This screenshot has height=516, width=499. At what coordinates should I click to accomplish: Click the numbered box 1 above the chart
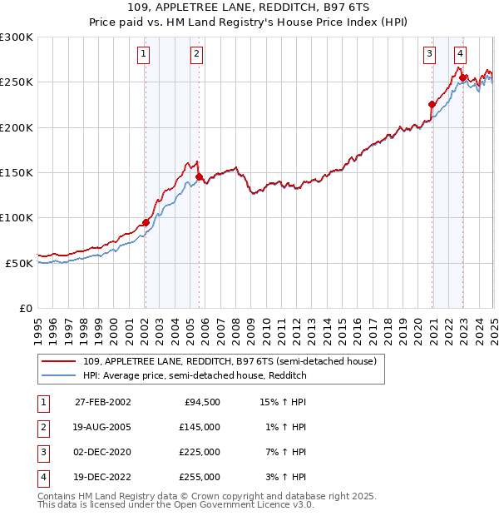pyautogui.click(x=144, y=55)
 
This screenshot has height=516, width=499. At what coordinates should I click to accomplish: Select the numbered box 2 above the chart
pyautogui.click(x=196, y=55)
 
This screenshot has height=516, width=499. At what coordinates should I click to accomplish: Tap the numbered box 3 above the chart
pyautogui.click(x=430, y=55)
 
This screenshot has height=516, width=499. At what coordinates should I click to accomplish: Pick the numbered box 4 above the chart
pyautogui.click(x=460, y=55)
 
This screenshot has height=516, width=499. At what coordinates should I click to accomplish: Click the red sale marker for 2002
pyautogui.click(x=146, y=222)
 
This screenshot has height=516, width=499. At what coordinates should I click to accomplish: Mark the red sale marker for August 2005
pyautogui.click(x=200, y=176)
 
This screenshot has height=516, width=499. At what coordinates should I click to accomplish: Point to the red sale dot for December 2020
pyautogui.click(x=432, y=104)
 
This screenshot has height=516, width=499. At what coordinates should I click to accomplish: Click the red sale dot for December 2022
pyautogui.click(x=463, y=77)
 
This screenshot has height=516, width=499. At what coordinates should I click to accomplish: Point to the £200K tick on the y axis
pyautogui.click(x=17, y=127)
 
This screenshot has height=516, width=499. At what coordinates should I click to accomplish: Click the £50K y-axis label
pyautogui.click(x=19, y=263)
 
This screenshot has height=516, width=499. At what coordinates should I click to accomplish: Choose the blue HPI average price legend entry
pyautogui.click(x=195, y=375)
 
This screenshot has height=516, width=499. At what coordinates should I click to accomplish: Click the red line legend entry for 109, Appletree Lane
pyautogui.click(x=230, y=361)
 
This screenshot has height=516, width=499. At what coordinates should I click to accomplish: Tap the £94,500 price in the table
pyautogui.click(x=200, y=402)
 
